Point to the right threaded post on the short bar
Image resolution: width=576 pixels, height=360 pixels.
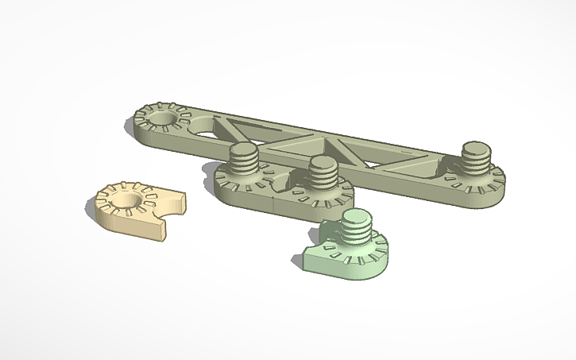tap(323, 178)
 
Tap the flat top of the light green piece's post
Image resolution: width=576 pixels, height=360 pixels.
tap(356, 215)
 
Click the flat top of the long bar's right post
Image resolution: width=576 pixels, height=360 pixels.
tap(475, 147)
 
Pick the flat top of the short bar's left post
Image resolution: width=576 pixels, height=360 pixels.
tap(244, 150)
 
